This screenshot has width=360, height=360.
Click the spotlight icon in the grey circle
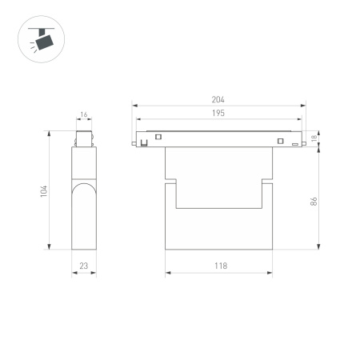click(x=39, y=38)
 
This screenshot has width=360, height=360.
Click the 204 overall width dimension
click(x=218, y=99)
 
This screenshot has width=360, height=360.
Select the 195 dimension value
click(x=218, y=114)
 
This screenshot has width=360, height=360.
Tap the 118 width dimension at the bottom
click(x=218, y=266)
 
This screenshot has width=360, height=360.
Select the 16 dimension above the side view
click(x=83, y=115)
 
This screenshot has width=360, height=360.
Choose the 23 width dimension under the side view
click(x=83, y=266)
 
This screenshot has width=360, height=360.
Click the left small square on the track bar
click(x=158, y=137)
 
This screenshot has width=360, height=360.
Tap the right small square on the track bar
click(x=280, y=142)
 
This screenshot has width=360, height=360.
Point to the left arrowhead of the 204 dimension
click(x=135, y=105)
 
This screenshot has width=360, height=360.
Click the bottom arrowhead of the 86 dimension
click(x=320, y=247)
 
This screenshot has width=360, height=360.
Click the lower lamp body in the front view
click(x=218, y=228)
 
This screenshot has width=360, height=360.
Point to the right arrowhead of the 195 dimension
click(x=297, y=120)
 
